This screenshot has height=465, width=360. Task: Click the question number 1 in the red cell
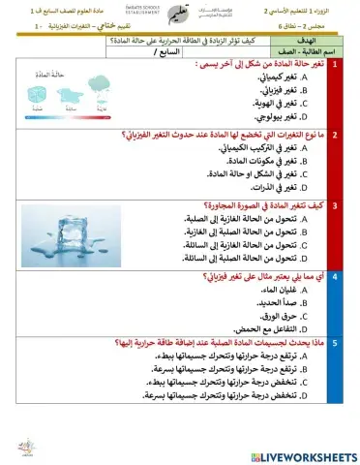334,64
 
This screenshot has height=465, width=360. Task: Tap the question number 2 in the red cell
334,135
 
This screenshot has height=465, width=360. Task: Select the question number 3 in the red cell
334,205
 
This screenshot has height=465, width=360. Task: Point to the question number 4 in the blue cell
334,276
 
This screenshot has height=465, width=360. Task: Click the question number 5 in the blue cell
334,342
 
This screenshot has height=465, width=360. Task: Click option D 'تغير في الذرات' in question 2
274,188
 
